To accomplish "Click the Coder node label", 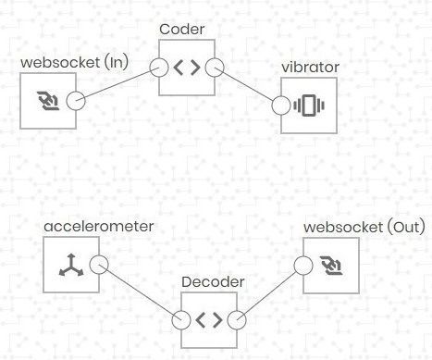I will click(187, 30).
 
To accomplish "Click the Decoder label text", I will click(210, 281).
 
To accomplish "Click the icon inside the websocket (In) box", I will click(50, 101).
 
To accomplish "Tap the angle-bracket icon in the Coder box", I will click(187, 68).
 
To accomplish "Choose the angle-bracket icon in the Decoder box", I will click(210, 320).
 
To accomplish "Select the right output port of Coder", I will click(216, 68).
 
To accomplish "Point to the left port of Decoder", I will click(181, 320).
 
